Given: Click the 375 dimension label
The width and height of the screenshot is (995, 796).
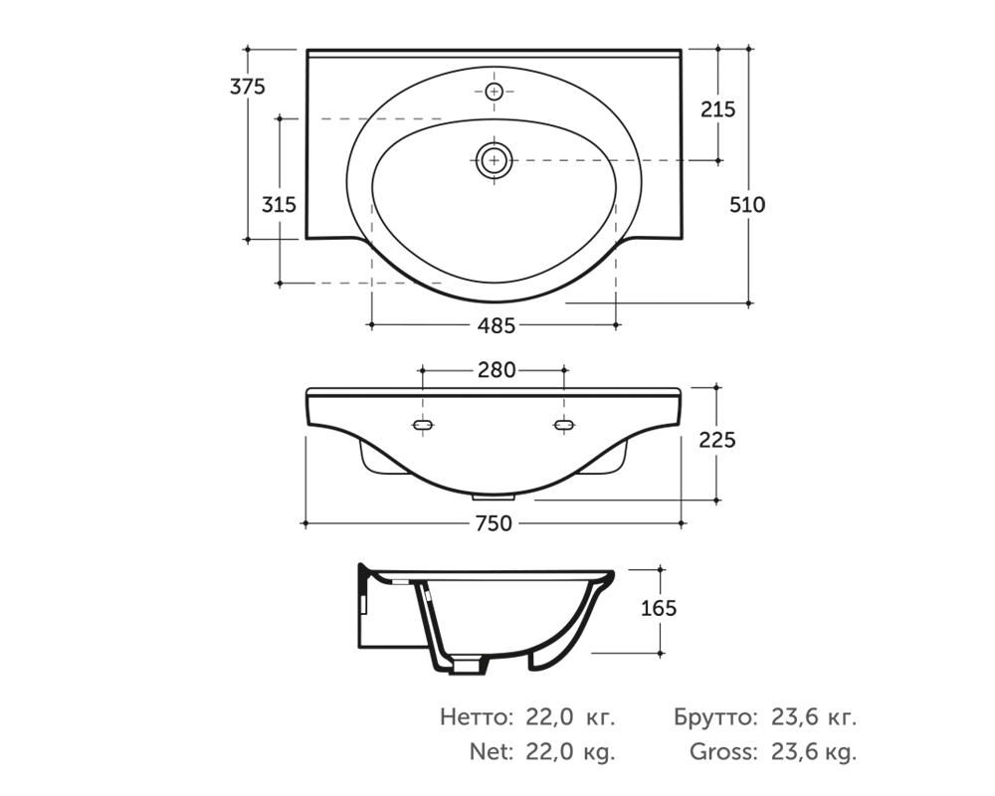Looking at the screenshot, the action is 248,87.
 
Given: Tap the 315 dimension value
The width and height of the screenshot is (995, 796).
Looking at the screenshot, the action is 280,204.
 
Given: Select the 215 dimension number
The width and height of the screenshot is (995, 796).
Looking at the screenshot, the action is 717,109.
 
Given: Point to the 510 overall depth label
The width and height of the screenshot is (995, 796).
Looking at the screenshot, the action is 747,204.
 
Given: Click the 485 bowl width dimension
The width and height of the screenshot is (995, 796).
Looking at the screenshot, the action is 497,325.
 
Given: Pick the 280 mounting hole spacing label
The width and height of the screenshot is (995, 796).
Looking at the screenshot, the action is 497,369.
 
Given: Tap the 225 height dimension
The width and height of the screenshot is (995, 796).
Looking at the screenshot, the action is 717,439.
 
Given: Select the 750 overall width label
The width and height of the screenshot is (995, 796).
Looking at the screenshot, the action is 494,523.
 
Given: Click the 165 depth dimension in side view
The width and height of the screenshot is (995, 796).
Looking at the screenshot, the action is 659,608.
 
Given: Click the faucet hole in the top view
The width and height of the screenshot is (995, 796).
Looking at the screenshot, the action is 495,93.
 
